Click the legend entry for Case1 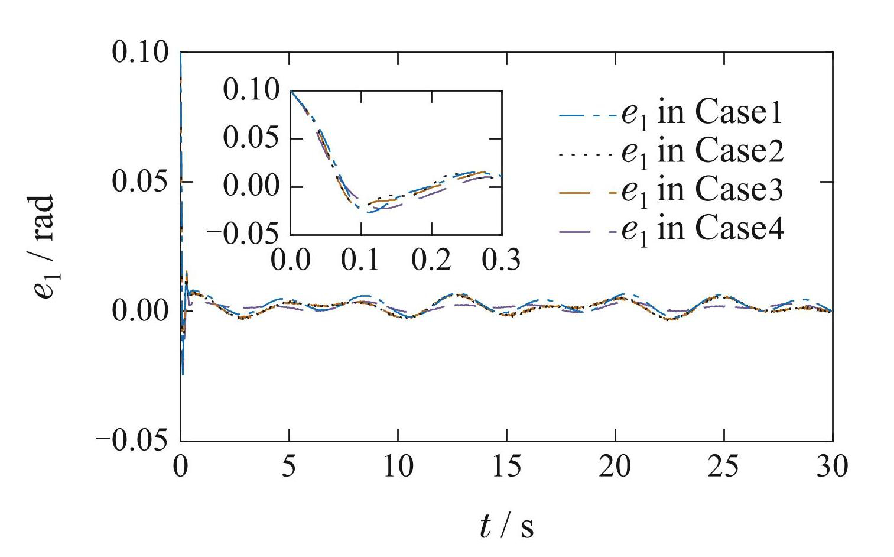pyautogui.click(x=702, y=112)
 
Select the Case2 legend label pyautogui.click(x=702, y=151)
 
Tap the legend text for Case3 pyautogui.click(x=702, y=190)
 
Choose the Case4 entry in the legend pyautogui.click(x=702, y=229)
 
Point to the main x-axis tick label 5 pyautogui.click(x=289, y=467)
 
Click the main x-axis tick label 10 pyautogui.click(x=398, y=467)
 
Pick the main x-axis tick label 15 pyautogui.click(x=506, y=467)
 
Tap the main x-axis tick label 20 pyautogui.click(x=615, y=467)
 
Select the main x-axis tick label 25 pyautogui.click(x=724, y=467)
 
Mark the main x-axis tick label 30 pyautogui.click(x=832, y=467)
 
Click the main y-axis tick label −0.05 pyautogui.click(x=131, y=440)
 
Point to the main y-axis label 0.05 pyautogui.click(x=139, y=182)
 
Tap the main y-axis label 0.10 pyautogui.click(x=139, y=53)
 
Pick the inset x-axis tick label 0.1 pyautogui.click(x=362, y=260)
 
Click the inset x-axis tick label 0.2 pyautogui.click(x=432, y=260)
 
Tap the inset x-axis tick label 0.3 pyautogui.click(x=502, y=260)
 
